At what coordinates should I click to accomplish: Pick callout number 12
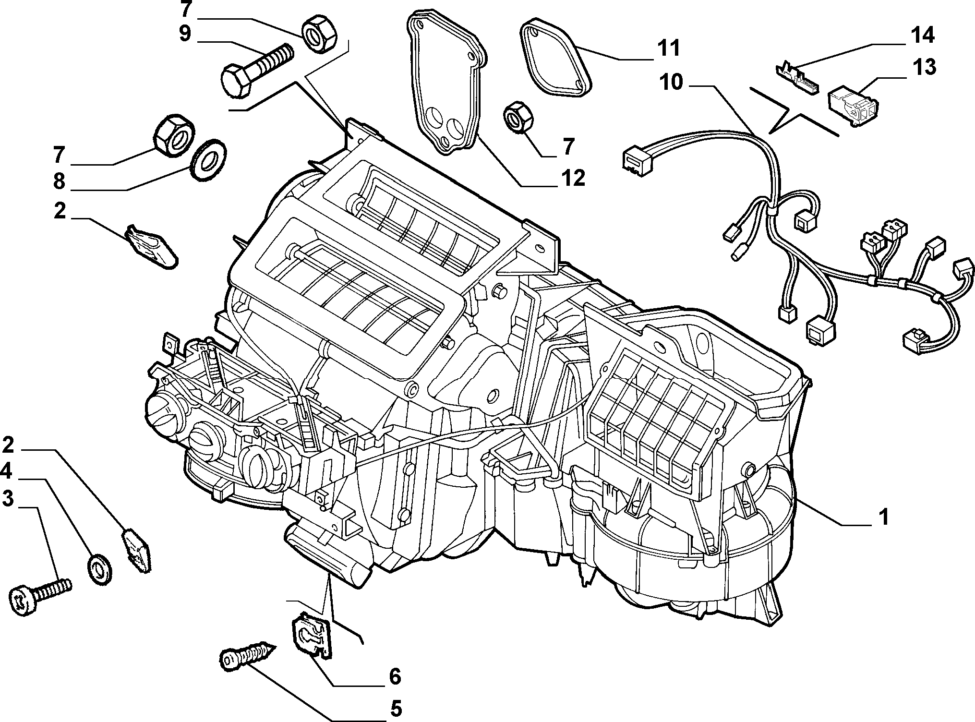[x=573, y=178]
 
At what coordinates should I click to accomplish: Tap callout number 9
[x=185, y=34]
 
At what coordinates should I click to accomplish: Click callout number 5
[x=396, y=709]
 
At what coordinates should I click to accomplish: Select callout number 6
[x=394, y=676]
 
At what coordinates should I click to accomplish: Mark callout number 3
[x=8, y=498]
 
